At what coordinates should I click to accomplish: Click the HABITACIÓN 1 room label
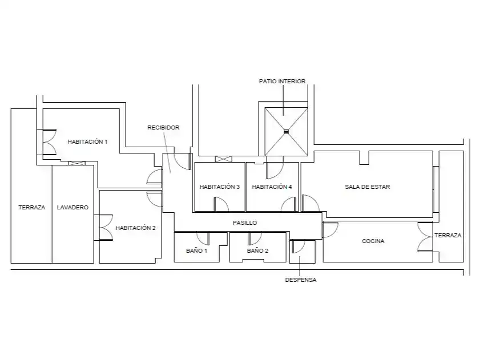click(87, 141)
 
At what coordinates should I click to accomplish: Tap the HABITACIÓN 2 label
click(136, 228)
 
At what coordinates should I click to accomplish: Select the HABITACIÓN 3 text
click(220, 187)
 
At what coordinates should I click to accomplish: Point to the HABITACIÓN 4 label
click(272, 187)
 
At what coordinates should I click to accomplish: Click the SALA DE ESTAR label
click(368, 187)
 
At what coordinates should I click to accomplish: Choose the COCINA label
click(373, 241)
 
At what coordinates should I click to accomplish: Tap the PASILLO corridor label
click(245, 223)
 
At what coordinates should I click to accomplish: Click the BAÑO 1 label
click(196, 250)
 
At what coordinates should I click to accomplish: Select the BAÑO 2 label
click(257, 250)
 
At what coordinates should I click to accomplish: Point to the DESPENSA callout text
click(301, 280)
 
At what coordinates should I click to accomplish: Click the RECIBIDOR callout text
click(163, 127)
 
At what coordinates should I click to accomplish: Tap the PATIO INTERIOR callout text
click(283, 81)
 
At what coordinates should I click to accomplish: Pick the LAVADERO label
click(72, 207)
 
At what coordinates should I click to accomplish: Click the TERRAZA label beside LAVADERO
click(32, 207)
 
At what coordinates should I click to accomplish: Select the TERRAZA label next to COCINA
click(448, 235)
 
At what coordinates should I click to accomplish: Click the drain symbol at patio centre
click(286, 132)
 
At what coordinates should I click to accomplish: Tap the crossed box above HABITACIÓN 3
click(224, 159)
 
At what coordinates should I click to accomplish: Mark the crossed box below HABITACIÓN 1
click(77, 163)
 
